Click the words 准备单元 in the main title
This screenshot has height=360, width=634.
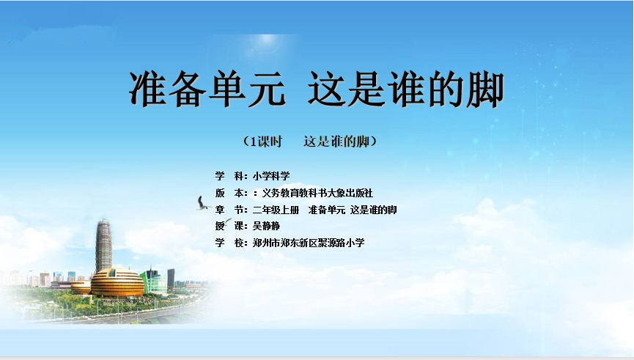click(x=207, y=89)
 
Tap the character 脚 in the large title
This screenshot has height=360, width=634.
click(x=485, y=89)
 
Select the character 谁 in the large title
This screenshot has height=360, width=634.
click(x=406, y=89)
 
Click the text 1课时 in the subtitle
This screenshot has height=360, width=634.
click(x=266, y=142)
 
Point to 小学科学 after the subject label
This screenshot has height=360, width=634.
click(x=271, y=176)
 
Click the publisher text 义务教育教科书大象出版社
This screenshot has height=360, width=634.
click(x=317, y=193)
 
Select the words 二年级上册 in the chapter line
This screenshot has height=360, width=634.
click(x=276, y=210)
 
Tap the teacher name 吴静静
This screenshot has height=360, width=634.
click(x=266, y=226)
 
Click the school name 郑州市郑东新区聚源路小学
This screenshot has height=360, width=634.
click(x=309, y=243)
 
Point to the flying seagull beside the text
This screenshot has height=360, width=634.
click(x=202, y=203)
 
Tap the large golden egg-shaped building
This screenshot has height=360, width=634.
click(x=117, y=283)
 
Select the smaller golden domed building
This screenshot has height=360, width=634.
click(x=81, y=287)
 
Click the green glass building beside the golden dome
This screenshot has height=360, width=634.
click(x=154, y=280)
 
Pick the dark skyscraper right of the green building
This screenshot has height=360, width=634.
click(x=171, y=278)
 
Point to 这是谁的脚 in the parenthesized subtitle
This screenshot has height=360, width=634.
click(x=336, y=142)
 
